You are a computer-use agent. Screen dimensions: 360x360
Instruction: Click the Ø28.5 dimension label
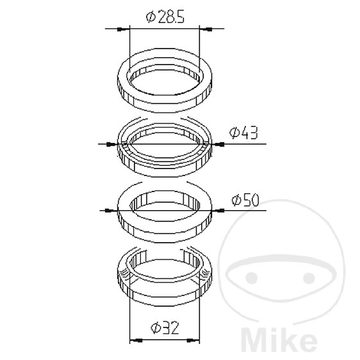[165, 17]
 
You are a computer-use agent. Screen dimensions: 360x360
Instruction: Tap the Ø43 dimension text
[243, 133]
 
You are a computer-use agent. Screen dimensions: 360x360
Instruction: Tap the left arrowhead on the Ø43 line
[112, 144]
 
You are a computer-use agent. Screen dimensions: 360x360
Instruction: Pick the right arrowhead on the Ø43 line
[218, 144]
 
